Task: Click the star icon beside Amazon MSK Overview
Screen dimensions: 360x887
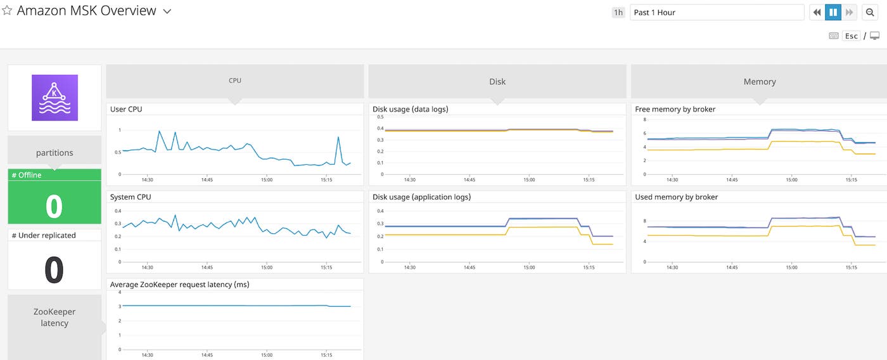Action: [7, 11]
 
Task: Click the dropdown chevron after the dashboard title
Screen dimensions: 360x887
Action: [167, 11]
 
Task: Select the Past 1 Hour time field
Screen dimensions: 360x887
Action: [716, 12]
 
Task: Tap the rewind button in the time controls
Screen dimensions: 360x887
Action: [817, 12]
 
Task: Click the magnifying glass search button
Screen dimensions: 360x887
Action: [870, 12]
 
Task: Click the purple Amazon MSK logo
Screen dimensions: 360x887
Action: [54, 98]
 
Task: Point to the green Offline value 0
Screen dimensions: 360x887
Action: [54, 207]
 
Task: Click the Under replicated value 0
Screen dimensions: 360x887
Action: [54, 269]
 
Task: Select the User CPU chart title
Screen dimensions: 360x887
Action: [126, 109]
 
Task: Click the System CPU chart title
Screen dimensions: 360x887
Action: [130, 197]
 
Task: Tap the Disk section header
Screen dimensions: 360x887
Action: [497, 81]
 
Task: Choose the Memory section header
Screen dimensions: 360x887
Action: [759, 81]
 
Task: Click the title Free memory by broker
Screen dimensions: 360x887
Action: [675, 109]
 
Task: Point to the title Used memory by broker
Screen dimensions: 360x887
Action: [676, 197]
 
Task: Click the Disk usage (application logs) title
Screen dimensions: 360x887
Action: [421, 197]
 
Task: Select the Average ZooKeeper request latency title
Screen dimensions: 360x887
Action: [179, 285]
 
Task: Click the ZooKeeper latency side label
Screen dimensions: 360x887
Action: [54, 318]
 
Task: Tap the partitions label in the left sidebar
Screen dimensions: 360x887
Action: [54, 153]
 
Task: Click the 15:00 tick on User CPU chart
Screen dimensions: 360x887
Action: [266, 179]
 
